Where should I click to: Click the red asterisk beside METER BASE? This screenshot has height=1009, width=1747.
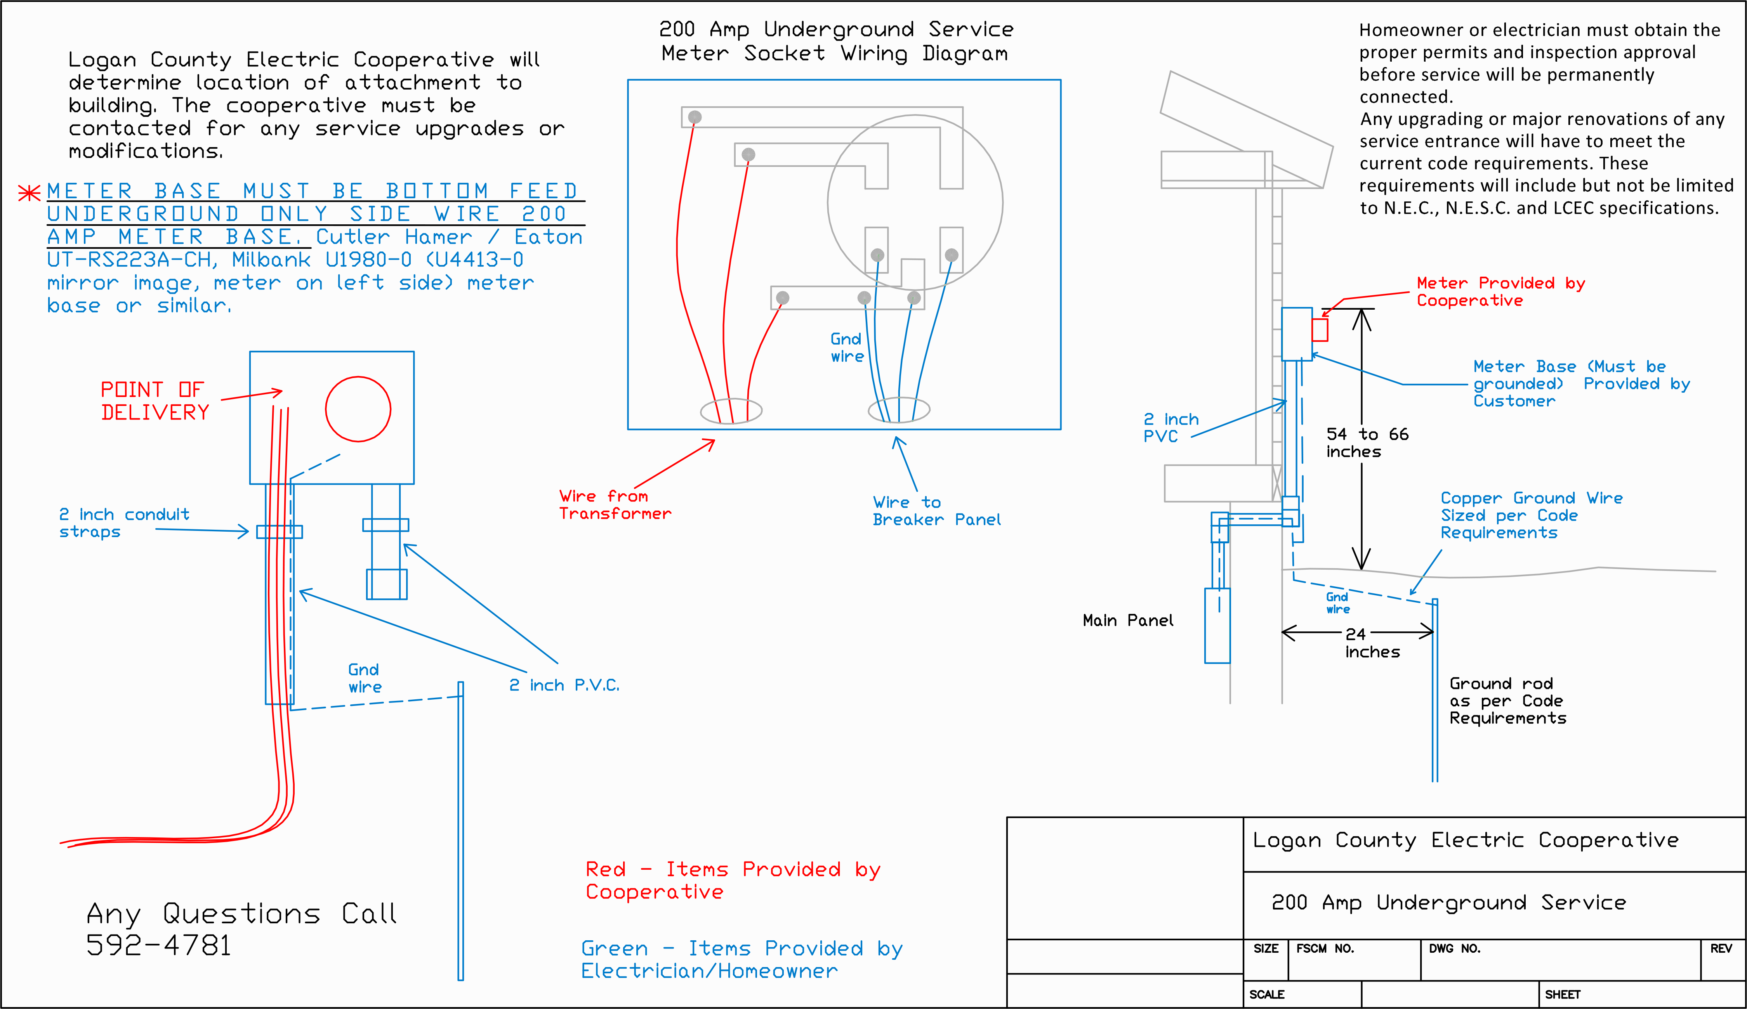(x=29, y=192)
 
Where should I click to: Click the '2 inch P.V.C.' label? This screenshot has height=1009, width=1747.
(x=564, y=685)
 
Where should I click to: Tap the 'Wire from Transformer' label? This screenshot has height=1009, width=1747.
(x=614, y=504)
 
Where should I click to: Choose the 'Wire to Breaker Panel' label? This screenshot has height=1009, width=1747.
(x=936, y=511)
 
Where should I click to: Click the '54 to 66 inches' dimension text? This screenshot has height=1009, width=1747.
(x=1367, y=443)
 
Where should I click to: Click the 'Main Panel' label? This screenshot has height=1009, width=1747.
(x=1127, y=620)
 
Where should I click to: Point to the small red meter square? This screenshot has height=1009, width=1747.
(x=1319, y=329)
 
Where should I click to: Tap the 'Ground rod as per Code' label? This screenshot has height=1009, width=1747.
(x=1507, y=700)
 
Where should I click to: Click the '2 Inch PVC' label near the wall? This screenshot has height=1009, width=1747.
(x=1170, y=428)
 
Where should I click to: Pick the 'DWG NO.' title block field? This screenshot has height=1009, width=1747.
(x=1454, y=949)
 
